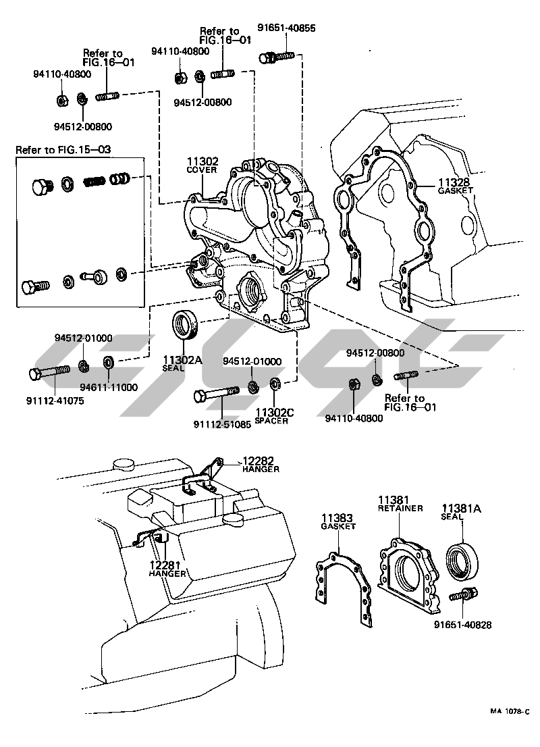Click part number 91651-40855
pos(286,28)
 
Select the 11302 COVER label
pos(202,165)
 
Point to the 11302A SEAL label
pos(182,363)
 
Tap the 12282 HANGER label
pos(261,465)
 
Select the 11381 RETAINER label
pos(400,503)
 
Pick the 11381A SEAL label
pos(462,512)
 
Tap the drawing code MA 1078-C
pos(509,711)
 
